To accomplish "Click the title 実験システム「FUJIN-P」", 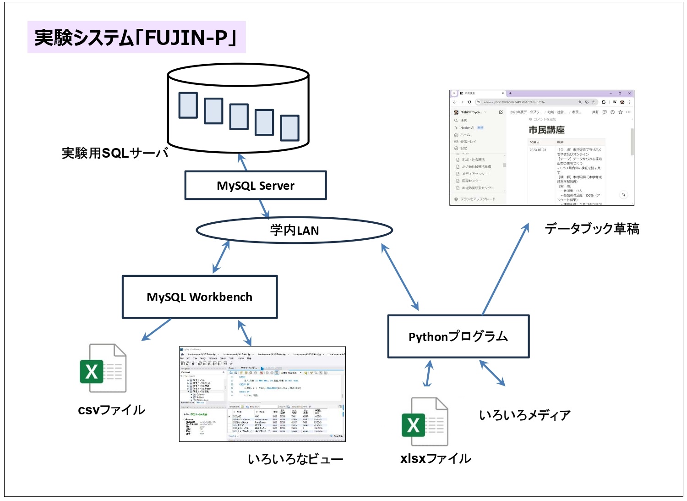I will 136,38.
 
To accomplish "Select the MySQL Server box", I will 256,186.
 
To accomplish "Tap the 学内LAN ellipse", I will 294,230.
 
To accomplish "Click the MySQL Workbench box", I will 200,297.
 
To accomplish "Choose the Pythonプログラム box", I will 458,336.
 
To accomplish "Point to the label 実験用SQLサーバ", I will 115,153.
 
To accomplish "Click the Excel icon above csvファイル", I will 103,368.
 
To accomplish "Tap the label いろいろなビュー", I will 295,459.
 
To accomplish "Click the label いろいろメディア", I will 524,415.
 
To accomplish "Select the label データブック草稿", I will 592,228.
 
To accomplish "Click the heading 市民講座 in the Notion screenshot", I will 546,130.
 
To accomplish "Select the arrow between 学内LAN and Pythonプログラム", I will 400,277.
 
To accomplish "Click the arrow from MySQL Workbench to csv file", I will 156,330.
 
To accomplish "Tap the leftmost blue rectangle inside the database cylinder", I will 188,105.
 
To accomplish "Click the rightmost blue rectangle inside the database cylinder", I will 289,128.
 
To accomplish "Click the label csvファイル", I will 111,410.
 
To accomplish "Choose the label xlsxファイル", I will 436,458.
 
